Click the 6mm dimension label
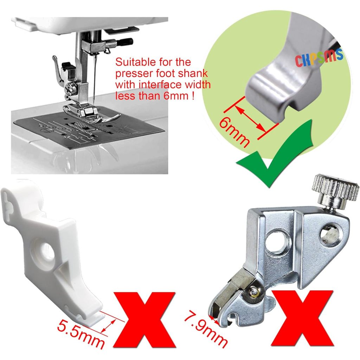[x=234, y=133]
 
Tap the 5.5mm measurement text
[x=81, y=336]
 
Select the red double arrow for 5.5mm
[x=108, y=325]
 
